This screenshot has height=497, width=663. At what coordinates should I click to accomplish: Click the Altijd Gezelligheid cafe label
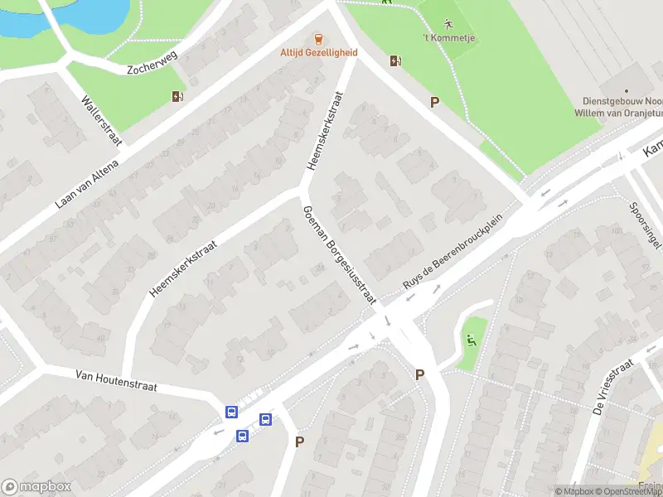click(318, 52)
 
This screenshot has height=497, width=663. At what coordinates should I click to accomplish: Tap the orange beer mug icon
click(318, 38)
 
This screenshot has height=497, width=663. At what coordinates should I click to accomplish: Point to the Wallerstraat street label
click(101, 121)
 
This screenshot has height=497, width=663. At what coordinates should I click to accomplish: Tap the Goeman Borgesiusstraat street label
click(340, 255)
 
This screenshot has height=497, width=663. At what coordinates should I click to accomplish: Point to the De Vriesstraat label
click(613, 387)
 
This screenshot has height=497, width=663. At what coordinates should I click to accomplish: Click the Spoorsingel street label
click(643, 225)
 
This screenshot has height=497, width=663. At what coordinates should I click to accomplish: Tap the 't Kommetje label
click(448, 38)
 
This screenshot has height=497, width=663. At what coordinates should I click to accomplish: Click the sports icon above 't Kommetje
click(448, 23)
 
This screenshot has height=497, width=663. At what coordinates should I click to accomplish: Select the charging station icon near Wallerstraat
click(177, 96)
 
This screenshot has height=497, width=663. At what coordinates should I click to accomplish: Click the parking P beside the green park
click(433, 102)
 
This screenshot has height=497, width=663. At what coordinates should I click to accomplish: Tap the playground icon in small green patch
click(471, 339)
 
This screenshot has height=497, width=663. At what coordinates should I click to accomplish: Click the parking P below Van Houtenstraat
click(299, 442)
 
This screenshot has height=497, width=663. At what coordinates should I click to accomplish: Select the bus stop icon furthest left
click(231, 412)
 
